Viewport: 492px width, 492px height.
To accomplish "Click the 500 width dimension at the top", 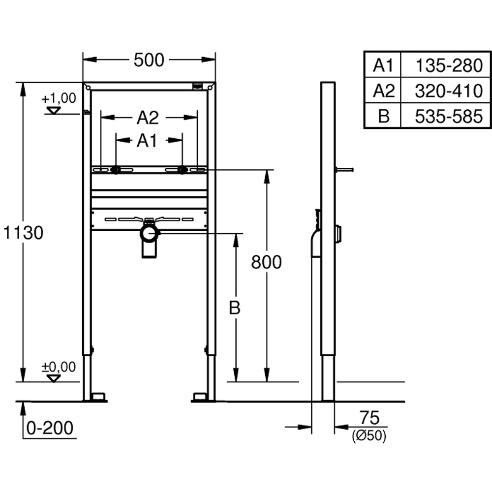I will click(x=149, y=60).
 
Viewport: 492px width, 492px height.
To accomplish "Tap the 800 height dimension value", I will click(x=266, y=262).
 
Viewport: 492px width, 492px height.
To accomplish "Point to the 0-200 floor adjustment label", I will click(x=49, y=428).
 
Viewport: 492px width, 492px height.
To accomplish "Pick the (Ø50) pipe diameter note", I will click(x=369, y=435).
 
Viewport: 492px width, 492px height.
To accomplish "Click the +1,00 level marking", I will click(x=59, y=98).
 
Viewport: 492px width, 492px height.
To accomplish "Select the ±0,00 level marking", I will click(x=59, y=367).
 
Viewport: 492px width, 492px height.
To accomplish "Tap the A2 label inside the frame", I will click(x=148, y=118).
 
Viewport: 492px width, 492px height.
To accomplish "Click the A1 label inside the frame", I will click(x=147, y=141).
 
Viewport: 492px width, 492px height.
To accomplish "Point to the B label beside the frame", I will click(x=235, y=308).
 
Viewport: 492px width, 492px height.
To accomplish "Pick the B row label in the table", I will click(x=383, y=116).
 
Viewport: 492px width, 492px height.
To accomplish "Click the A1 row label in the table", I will click(x=383, y=65).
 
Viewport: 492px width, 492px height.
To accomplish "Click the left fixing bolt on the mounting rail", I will click(x=115, y=170).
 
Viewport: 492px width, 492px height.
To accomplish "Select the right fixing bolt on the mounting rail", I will click(x=182, y=170).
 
